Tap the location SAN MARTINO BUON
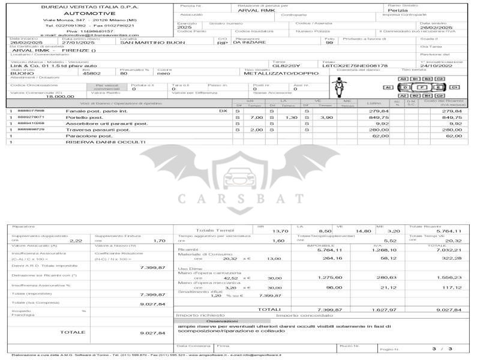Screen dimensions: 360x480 click(x=152, y=43)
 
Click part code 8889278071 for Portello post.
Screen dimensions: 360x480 click(x=31, y=118)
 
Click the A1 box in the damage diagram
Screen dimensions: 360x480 click(x=388, y=88)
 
